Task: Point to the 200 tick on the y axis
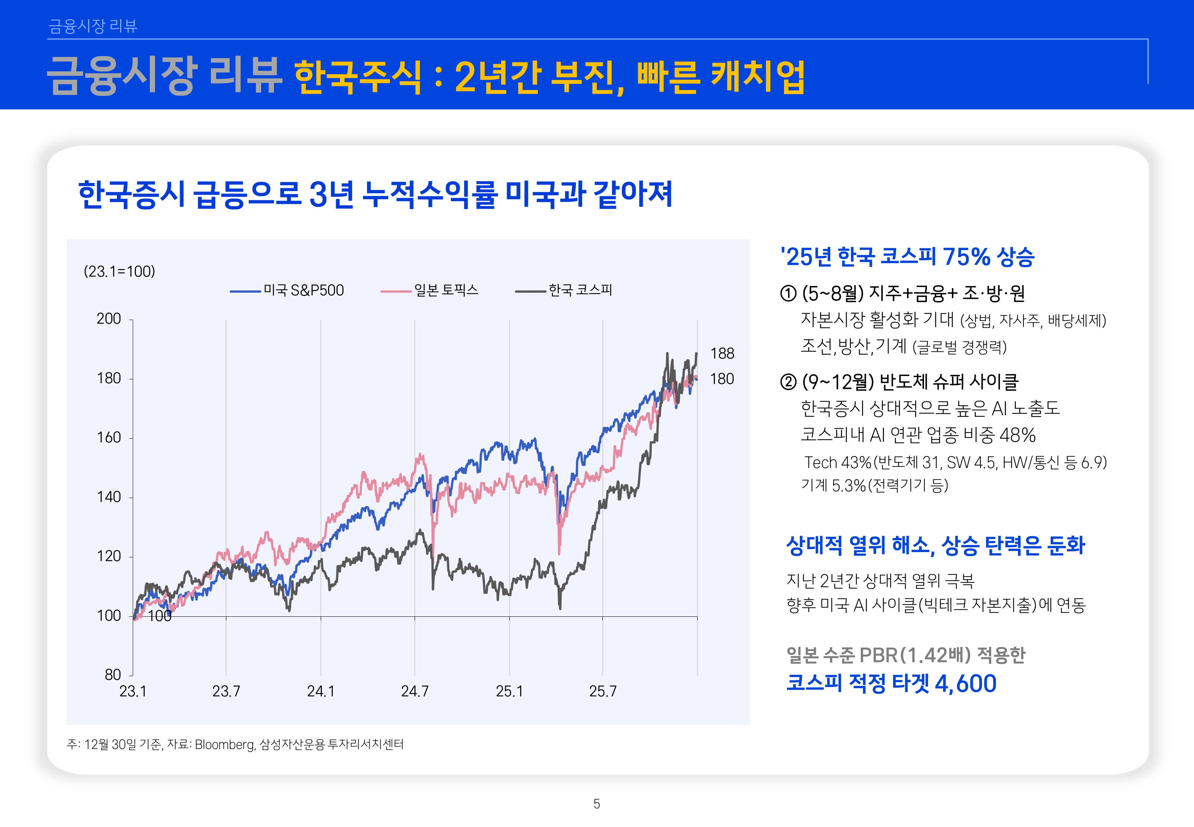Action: (109, 319)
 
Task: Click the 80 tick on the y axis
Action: (112, 675)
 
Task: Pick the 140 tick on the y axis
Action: (109, 497)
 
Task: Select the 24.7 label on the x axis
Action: (415, 691)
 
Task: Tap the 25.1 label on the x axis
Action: (510, 691)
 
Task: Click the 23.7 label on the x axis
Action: (226, 691)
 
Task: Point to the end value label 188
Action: (722, 353)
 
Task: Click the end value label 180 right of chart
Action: (722, 379)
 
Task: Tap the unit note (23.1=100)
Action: (120, 272)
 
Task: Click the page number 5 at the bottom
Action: (597, 804)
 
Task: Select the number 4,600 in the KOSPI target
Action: (965, 683)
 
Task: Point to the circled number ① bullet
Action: (788, 294)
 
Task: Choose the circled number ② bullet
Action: (788, 382)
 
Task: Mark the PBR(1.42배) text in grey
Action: (914, 655)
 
